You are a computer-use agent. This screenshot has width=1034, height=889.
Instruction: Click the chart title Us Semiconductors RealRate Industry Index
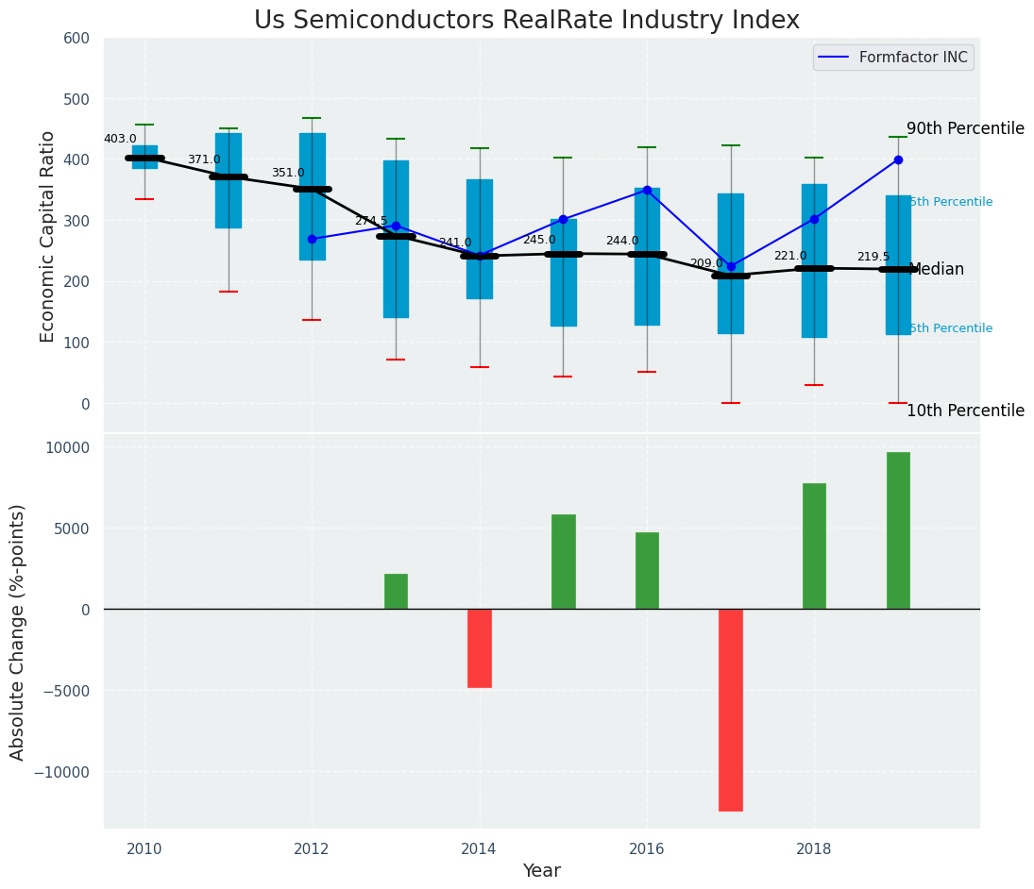coord(526,21)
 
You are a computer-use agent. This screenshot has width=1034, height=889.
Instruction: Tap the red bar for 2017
coord(731,710)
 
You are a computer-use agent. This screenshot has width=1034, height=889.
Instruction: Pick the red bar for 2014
coord(480,647)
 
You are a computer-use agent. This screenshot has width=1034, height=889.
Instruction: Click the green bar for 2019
coord(898,530)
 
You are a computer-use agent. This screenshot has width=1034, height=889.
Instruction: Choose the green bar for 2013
coord(396,591)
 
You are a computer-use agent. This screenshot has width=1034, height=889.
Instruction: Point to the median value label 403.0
coord(120,140)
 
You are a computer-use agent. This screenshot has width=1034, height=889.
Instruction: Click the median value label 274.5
coord(371,222)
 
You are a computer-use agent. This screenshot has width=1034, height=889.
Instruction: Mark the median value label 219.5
coord(873,258)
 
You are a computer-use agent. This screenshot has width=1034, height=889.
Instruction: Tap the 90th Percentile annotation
coord(965,129)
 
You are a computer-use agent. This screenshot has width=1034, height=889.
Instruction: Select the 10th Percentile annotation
coord(965,411)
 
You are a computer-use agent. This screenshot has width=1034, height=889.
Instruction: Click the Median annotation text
coord(936,270)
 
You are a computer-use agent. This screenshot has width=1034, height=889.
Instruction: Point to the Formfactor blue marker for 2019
coord(898,160)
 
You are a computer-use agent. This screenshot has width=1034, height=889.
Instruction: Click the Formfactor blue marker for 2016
coord(647,190)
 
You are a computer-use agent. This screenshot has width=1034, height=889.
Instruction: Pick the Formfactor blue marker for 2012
coord(312,239)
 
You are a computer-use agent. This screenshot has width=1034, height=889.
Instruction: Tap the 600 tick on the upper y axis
coord(76,39)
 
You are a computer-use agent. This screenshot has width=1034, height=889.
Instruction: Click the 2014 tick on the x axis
coord(480,848)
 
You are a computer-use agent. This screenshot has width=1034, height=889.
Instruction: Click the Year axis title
coord(542,871)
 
